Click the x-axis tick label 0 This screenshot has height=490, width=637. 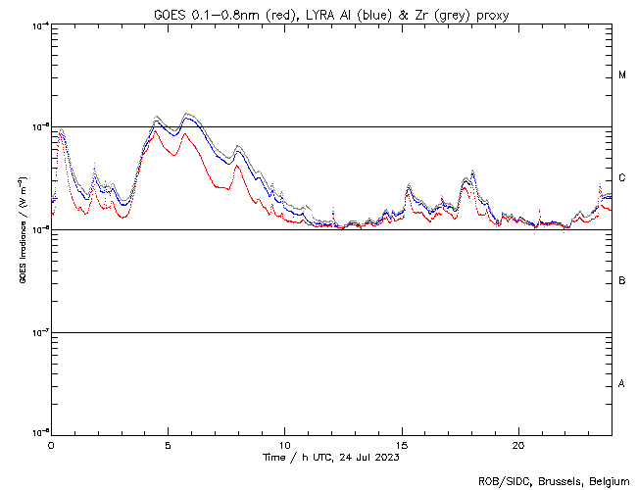pyautogui.click(x=51, y=444)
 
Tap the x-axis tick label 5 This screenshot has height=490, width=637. pyautogui.click(x=168, y=444)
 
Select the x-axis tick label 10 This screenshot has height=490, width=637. pyautogui.click(x=284, y=444)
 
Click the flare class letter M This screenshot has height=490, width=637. pyautogui.click(x=622, y=75)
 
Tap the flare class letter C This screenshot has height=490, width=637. pyautogui.click(x=622, y=178)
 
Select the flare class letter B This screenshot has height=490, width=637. pyautogui.click(x=622, y=281)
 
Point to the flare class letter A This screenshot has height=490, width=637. pyautogui.click(x=622, y=383)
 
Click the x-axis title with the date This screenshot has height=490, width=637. pyautogui.click(x=332, y=457)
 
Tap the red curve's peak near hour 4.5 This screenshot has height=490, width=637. pyautogui.click(x=157, y=129)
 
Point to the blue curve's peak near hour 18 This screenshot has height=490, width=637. pyautogui.click(x=472, y=174)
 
